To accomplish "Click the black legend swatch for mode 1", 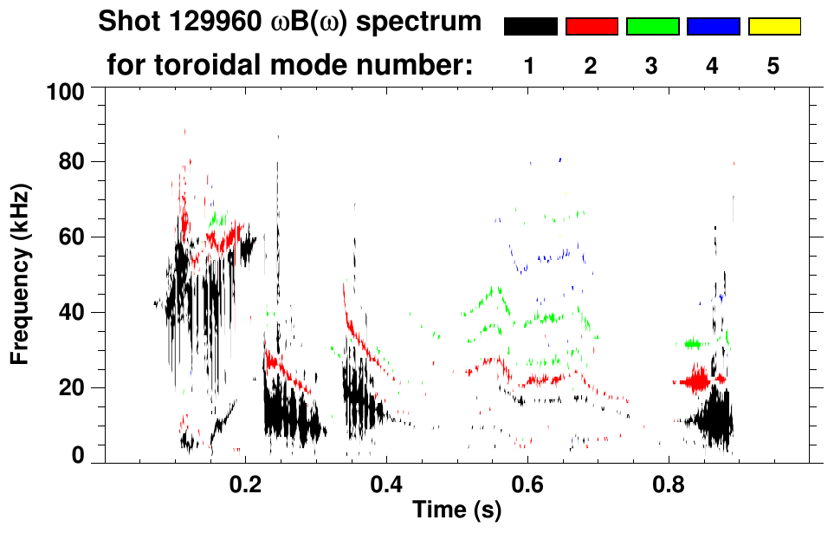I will (530, 27).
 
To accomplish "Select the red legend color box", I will (592, 27).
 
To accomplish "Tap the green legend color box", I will (652, 27).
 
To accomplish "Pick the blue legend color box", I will (713, 27).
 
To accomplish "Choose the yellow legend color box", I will (774, 27).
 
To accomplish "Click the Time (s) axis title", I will (456, 511).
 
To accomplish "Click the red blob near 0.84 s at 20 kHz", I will (696, 380).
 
